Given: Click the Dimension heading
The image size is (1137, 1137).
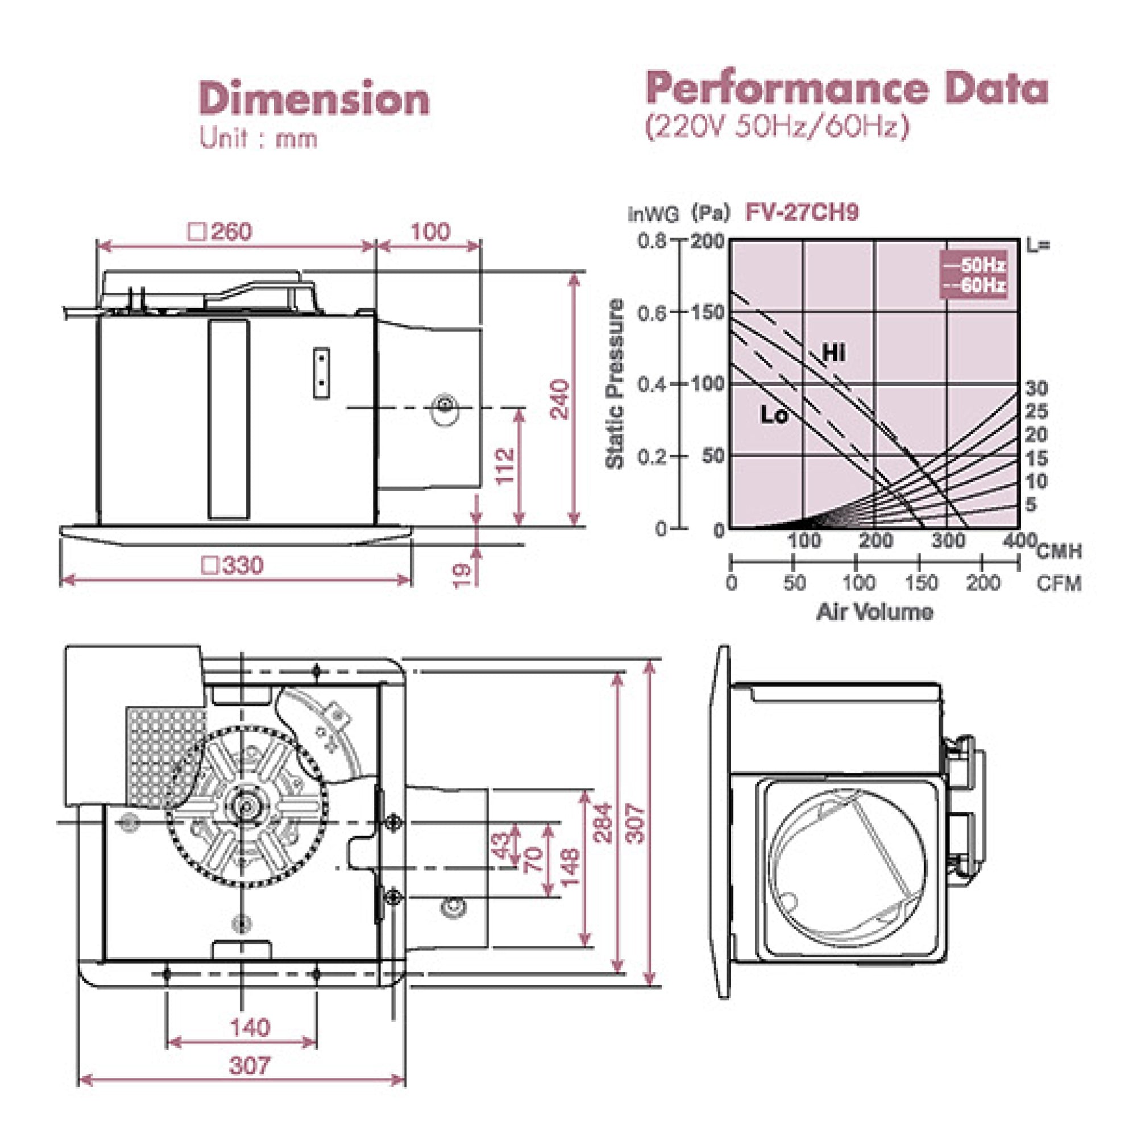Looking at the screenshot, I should [314, 99].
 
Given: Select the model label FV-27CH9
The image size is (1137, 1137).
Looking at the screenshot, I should [802, 212].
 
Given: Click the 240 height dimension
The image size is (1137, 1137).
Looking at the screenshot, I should [561, 400].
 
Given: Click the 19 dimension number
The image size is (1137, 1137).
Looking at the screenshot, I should [463, 574].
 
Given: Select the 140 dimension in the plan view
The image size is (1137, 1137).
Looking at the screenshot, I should [250, 1027].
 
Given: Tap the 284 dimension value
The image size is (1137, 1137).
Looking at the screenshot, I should [604, 823].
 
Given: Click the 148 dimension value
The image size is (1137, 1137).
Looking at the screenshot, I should [570, 867].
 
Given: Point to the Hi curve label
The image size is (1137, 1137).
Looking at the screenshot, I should [834, 353].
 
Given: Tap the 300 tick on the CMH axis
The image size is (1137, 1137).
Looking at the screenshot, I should [948, 540].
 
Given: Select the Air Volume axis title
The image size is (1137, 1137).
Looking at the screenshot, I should [874, 612].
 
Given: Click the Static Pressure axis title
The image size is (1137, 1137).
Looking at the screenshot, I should [615, 384].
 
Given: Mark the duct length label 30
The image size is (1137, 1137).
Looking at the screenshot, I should [1036, 388].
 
